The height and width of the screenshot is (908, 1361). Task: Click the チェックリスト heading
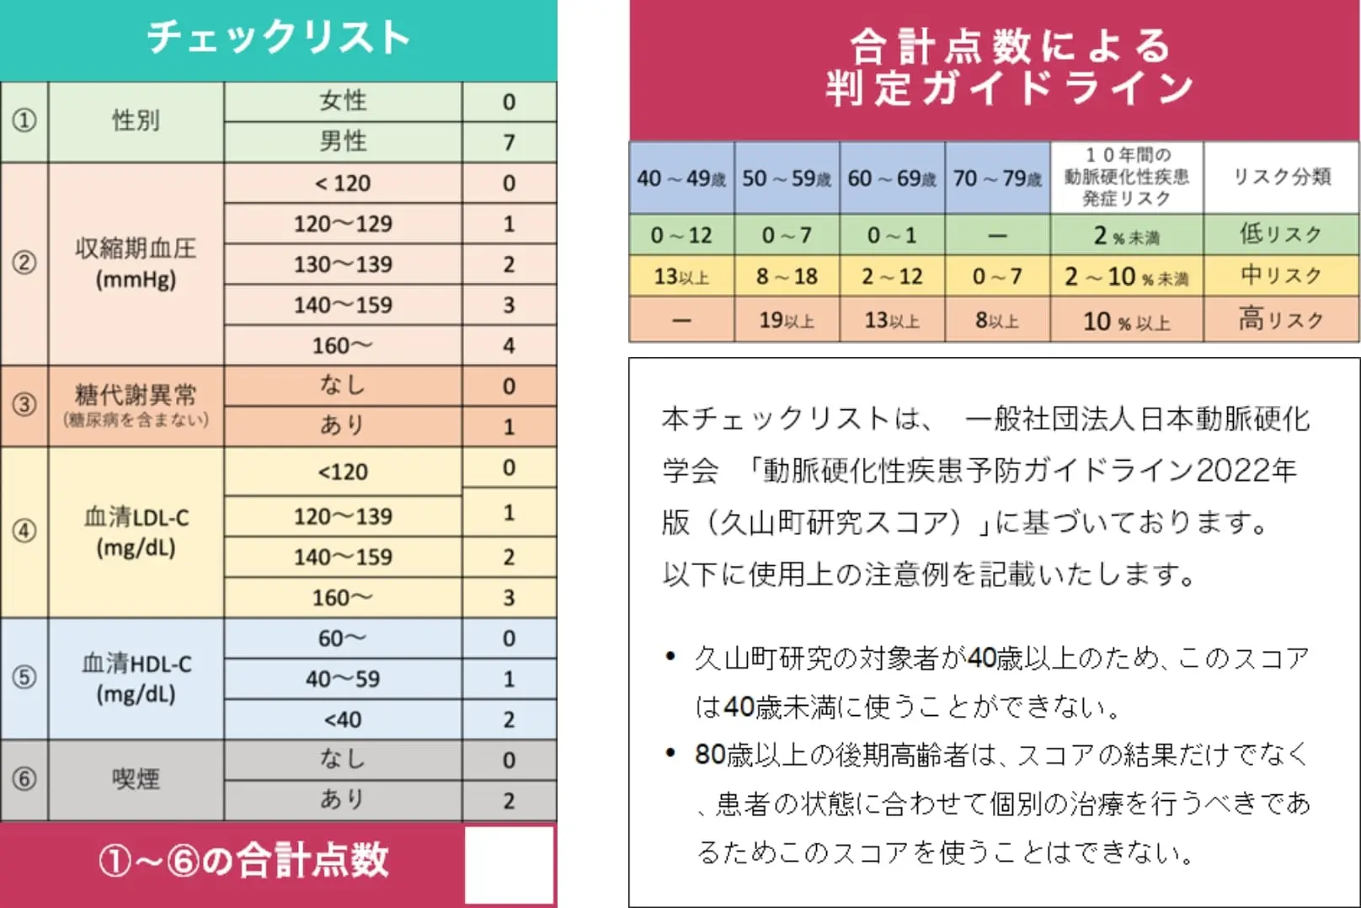pos(278,38)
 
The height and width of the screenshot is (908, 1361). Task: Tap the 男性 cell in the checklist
pos(343,142)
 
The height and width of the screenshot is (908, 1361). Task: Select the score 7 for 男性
pos(509,142)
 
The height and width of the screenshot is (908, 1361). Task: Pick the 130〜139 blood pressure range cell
pos(343,264)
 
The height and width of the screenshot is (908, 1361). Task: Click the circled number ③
pos(24,404)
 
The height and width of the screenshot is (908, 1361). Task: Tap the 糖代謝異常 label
pos(136,395)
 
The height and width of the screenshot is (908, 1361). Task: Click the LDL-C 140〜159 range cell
pos(343,557)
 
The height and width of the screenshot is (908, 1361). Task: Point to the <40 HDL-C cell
pos(343,719)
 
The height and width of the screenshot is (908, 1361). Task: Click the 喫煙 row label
pos(136,779)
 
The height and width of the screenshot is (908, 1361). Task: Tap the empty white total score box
pos(509,864)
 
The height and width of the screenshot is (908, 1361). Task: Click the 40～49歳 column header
pos(681,179)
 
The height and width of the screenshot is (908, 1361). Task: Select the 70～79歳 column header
pos(997,179)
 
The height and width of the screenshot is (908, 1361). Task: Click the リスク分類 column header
pos(1281,177)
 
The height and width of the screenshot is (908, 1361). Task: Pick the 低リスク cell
pos(1280,234)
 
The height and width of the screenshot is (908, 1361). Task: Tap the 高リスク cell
pos(1280,319)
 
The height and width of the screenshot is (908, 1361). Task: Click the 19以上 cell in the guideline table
pos(787,320)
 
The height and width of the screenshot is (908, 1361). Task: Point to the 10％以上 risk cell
pos(1126,322)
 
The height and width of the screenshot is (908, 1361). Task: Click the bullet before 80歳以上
pos(670,753)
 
